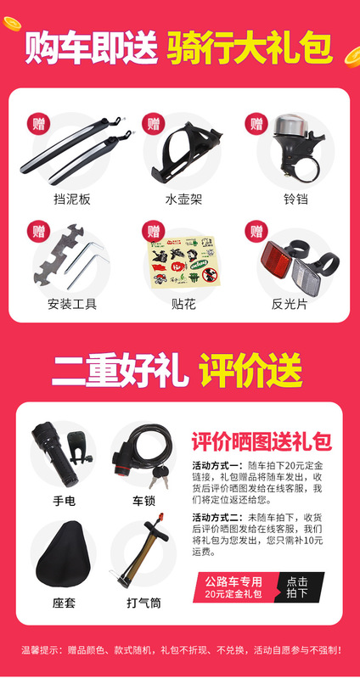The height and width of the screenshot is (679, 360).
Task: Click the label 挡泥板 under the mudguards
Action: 71,200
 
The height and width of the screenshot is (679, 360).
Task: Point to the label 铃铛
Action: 287,200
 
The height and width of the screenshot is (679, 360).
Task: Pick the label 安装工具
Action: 71,303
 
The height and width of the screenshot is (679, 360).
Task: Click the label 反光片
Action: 287,303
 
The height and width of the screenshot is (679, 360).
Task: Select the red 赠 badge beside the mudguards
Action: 39,125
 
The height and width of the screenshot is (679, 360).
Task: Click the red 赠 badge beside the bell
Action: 256,125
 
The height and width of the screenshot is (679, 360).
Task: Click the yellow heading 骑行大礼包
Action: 249,47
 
